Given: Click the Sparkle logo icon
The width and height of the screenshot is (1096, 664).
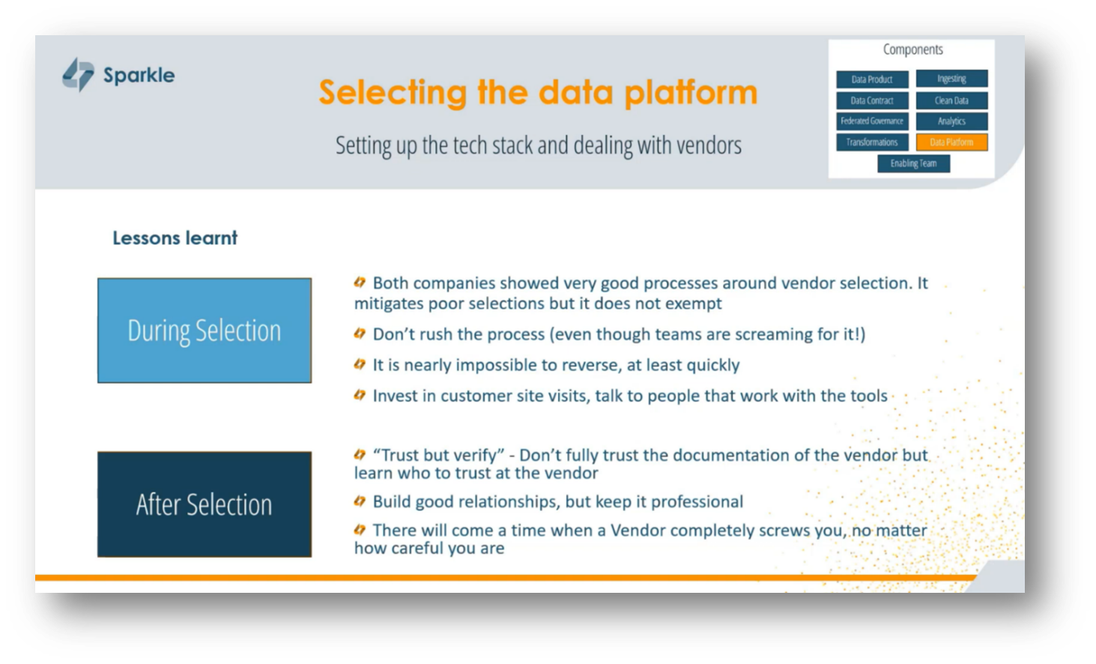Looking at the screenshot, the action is coord(78,75).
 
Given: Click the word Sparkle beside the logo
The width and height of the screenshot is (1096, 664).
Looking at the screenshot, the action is coord(139,75).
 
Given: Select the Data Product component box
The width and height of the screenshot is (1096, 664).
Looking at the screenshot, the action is coord(872,79).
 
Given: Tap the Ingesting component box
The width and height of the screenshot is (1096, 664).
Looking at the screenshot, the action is coord(951,79).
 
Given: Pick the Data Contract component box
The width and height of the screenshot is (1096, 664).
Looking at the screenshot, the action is coord(872,100).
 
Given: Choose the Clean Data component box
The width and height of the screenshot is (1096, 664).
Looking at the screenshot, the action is coord(951,100).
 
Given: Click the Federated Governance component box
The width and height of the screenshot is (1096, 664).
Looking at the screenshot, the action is coord(872,121).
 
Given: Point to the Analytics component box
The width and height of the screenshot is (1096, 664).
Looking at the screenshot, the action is coord(951,121).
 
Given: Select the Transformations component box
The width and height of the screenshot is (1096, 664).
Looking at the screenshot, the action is coord(872,142).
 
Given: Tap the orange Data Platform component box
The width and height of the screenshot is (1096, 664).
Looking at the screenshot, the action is coord(951,142).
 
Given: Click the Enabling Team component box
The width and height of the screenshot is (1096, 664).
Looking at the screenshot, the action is coord(913,163).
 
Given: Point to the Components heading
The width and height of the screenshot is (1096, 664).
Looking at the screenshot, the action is coord(912,50).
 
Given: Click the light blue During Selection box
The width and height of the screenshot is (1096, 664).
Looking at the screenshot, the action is coord(205,331).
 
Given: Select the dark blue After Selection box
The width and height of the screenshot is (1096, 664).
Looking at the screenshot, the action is coord(205,504).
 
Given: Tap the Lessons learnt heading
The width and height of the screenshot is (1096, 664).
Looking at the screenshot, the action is coord(175,238).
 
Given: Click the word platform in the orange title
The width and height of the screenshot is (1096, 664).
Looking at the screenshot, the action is coord(691,93).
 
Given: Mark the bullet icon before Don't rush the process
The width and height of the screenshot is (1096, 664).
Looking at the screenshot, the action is coord(360,333).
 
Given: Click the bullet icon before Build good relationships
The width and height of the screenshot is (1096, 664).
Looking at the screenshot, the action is coord(360,501).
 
